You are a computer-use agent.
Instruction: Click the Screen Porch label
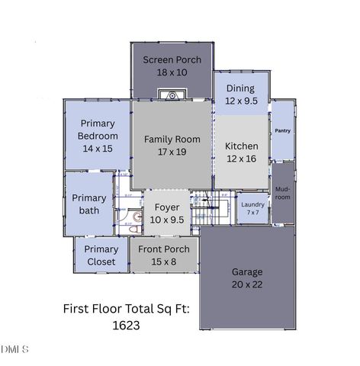tap(172, 59)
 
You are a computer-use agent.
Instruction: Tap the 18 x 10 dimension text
tap(172, 72)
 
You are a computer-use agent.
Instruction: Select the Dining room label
tap(239, 88)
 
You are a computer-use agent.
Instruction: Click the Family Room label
tap(172, 139)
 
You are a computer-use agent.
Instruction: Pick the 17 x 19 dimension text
tap(172, 151)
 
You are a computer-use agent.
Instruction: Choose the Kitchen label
tap(241, 146)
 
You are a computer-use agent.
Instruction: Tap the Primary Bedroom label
tap(98, 130)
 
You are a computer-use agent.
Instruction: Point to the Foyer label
tap(167, 207)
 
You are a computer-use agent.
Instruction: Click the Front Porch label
tap(164, 249)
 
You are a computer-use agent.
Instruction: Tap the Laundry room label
tap(252, 204)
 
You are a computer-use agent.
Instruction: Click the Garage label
tap(247, 271)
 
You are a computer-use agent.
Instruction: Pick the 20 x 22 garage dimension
tap(247, 284)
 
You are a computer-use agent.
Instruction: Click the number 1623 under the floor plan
tap(126, 324)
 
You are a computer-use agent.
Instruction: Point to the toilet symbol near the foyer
tap(135, 217)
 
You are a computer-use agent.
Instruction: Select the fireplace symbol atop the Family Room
tap(172, 95)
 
